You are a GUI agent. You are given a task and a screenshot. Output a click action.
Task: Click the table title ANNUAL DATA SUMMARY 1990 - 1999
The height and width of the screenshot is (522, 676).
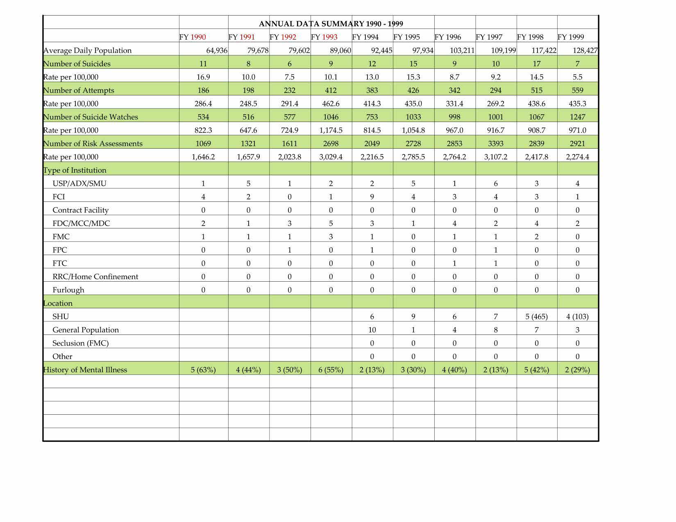[331, 24]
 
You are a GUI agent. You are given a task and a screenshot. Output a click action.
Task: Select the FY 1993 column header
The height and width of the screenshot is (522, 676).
[324, 37]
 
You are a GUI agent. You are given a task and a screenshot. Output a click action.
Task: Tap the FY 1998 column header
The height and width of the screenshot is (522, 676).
[530, 37]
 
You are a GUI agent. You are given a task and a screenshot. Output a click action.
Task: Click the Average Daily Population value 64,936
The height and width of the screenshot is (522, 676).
[217, 51]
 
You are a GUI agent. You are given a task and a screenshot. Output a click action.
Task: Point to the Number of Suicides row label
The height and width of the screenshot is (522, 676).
[77, 64]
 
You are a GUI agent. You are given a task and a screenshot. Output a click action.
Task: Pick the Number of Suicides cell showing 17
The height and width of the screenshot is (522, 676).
[536, 64]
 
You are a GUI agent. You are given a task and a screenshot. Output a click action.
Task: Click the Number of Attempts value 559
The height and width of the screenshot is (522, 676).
[577, 90]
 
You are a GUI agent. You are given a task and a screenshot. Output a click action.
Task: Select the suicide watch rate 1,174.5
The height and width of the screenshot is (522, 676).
[331, 130]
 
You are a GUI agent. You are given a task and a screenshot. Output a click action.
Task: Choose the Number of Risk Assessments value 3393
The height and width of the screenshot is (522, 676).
[495, 144]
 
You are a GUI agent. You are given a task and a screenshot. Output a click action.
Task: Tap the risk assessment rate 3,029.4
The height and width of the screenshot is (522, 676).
[331, 157]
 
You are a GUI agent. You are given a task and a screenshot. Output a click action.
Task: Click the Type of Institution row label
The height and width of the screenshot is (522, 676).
[75, 170]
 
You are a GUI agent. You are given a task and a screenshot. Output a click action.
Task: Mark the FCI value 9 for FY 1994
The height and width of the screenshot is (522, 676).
[372, 197]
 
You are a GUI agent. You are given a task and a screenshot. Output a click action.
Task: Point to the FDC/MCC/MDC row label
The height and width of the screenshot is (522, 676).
[81, 224]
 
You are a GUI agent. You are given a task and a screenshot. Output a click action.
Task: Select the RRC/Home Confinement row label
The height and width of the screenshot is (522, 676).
[95, 277]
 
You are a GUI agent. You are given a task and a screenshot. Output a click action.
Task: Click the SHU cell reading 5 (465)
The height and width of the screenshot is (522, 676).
[536, 316]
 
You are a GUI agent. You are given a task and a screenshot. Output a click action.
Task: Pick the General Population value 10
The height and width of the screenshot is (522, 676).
[372, 330]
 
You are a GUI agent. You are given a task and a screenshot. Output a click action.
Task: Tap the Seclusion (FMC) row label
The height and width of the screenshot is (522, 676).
[80, 343]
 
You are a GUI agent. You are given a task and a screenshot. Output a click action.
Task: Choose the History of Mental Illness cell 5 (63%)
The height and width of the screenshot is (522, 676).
[203, 370]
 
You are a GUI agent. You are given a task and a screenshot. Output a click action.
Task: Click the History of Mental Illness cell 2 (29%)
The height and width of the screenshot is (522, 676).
[577, 370]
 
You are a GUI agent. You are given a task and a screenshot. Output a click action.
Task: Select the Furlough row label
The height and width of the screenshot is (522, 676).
[68, 290]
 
